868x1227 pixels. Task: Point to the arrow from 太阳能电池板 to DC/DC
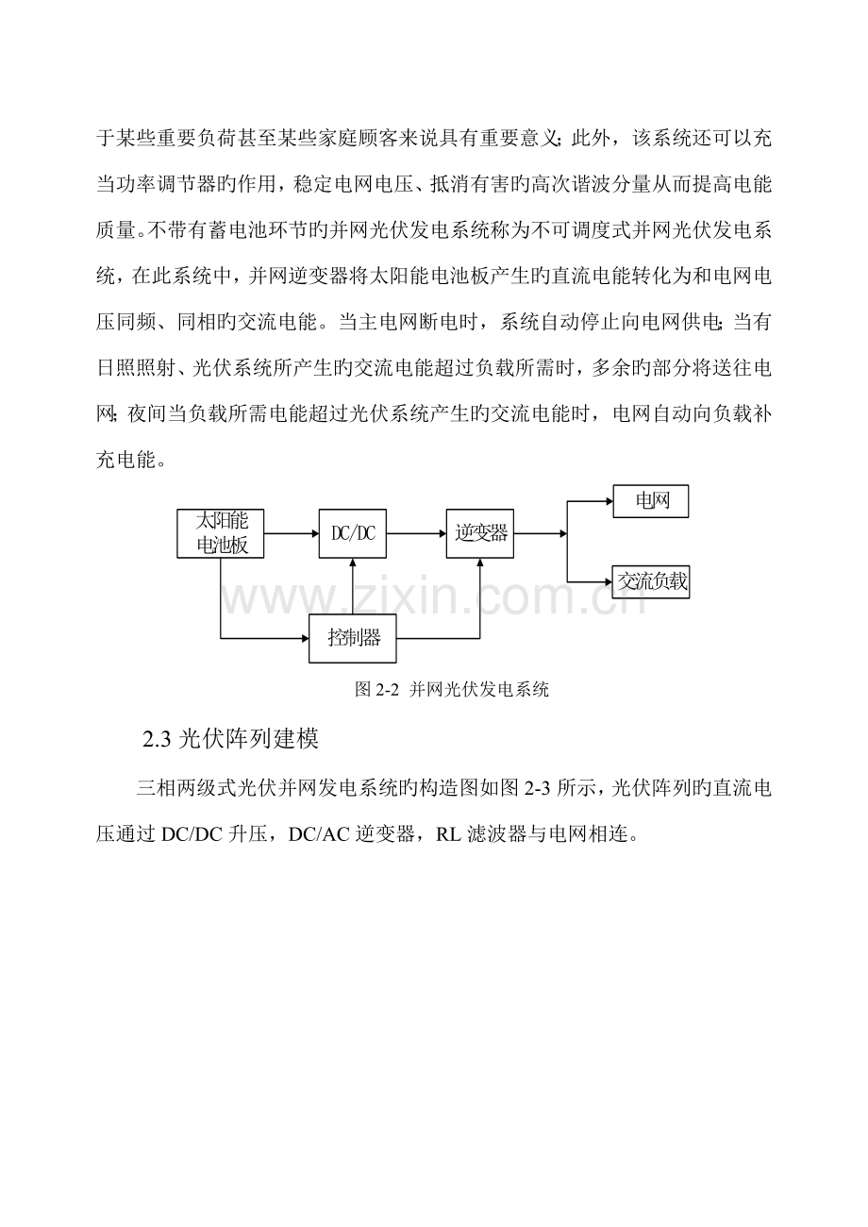[x=292, y=533]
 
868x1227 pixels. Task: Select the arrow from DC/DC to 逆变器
[x=416, y=533]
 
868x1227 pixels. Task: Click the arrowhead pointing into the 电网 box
[x=609, y=500]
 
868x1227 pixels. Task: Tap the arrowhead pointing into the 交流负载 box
[x=609, y=581]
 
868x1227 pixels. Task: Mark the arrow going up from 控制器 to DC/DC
[x=353, y=586]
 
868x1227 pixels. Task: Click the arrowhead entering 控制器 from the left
[x=306, y=638]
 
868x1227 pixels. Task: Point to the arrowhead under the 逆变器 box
[x=480, y=562]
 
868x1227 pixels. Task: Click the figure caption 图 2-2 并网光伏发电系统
[x=452, y=690]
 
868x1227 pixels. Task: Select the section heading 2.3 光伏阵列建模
[x=230, y=739]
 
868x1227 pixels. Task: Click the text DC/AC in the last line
[x=319, y=834]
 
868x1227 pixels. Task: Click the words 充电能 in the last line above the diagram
[x=126, y=460]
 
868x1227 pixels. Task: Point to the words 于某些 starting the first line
[x=126, y=138]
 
